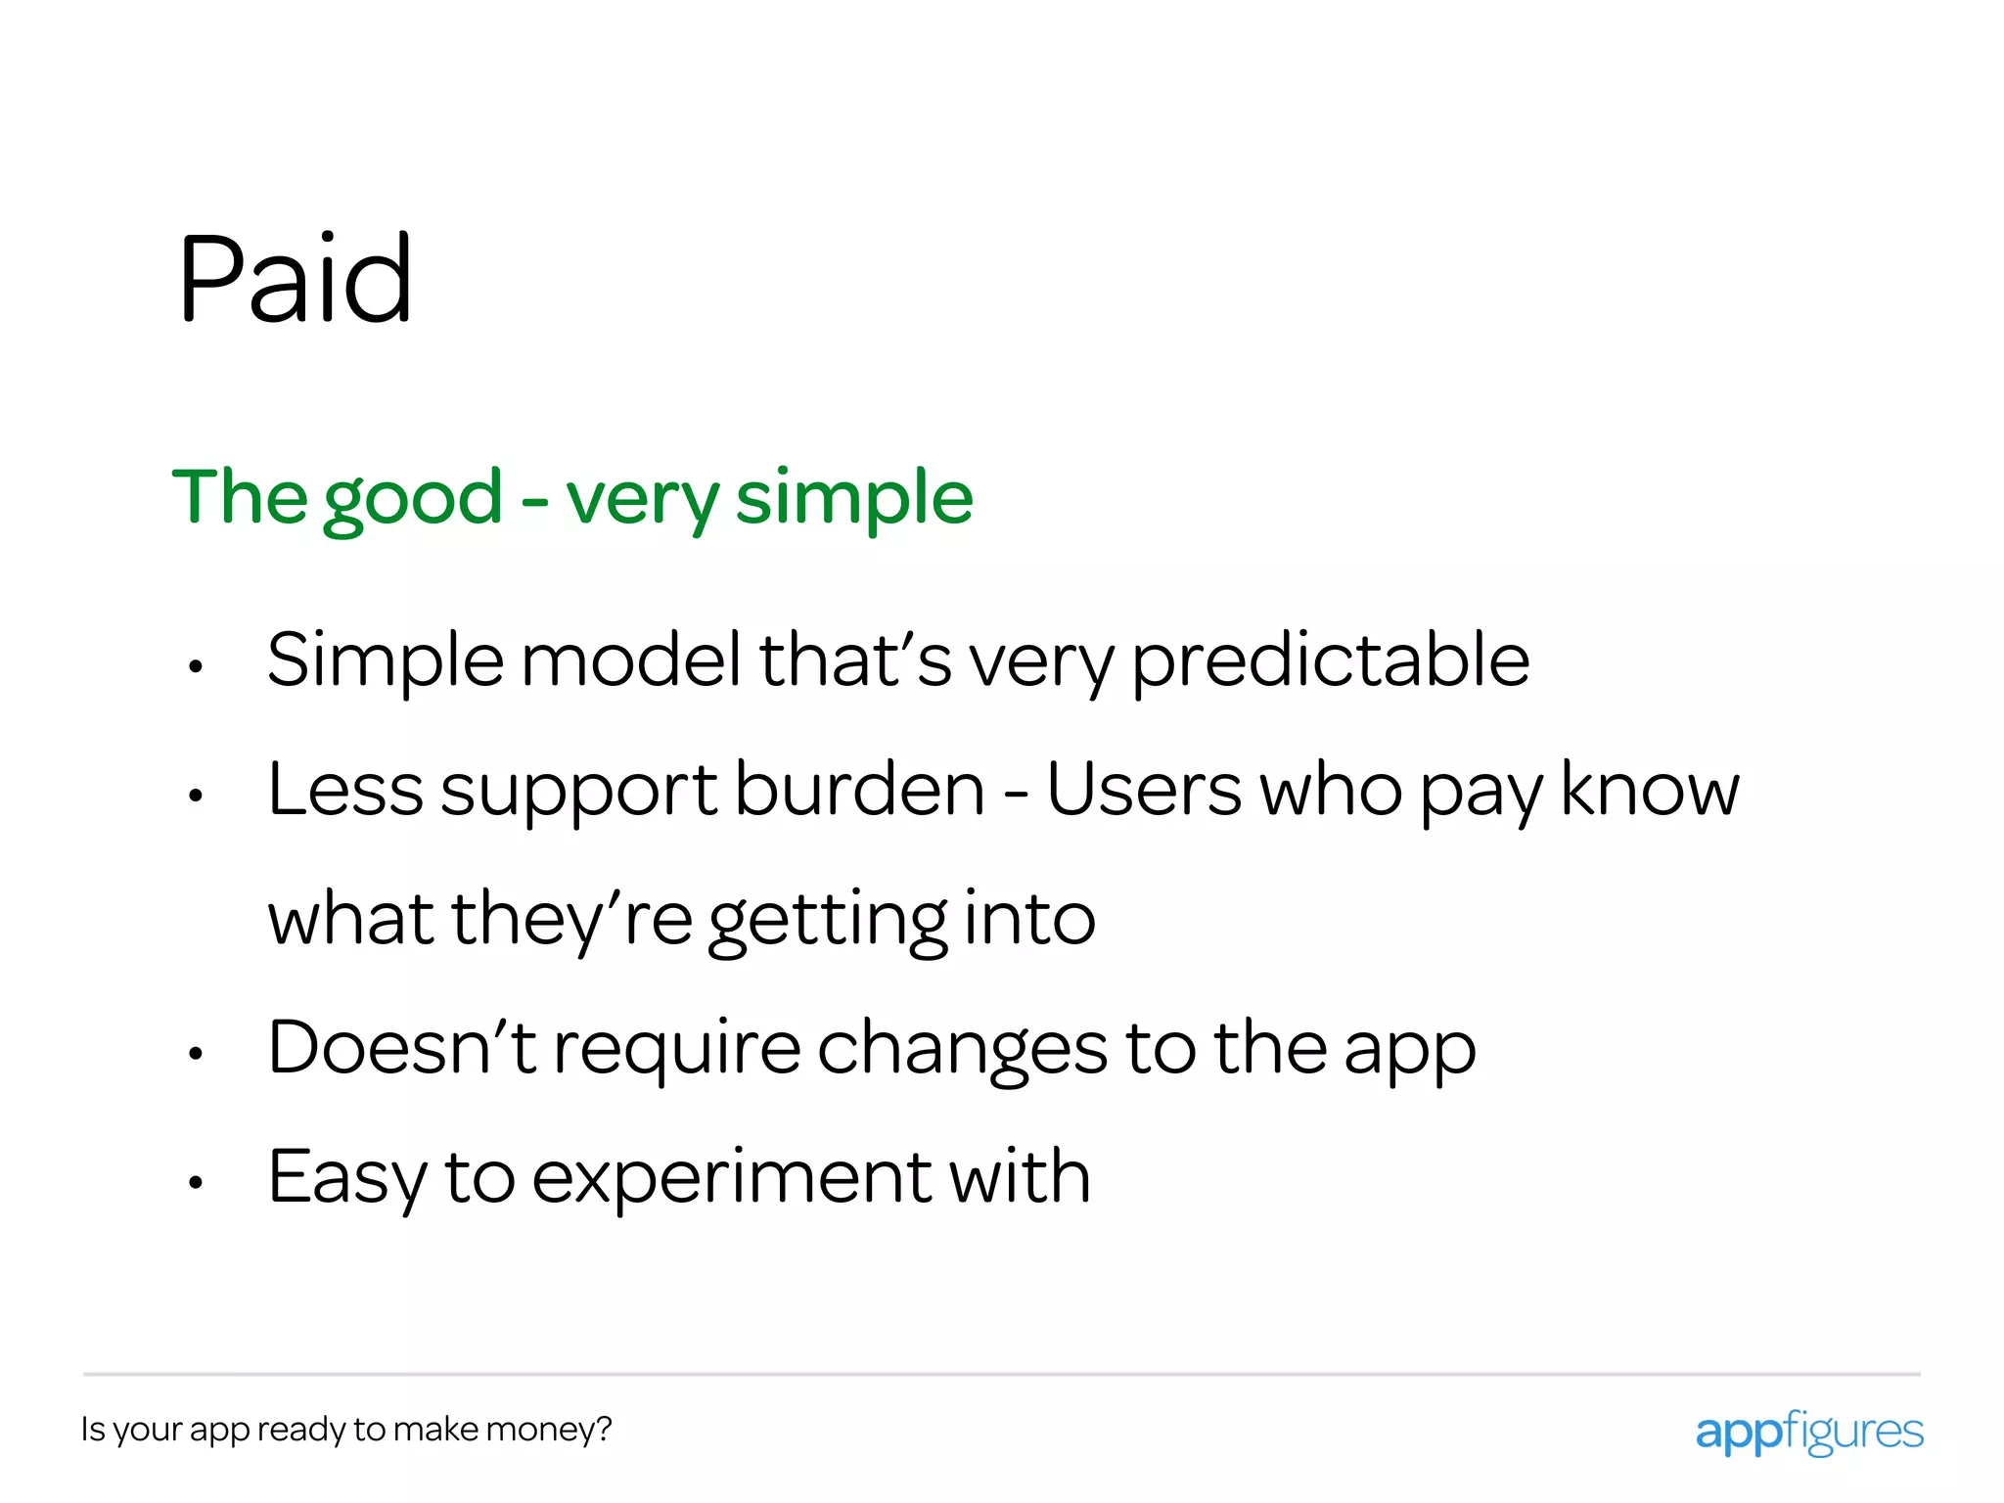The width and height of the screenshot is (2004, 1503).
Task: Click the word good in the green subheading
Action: pos(412,499)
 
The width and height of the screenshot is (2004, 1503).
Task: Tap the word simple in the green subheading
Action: pos(853,499)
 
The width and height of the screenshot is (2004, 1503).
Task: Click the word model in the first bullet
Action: pos(631,660)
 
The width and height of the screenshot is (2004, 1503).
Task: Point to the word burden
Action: pos(859,790)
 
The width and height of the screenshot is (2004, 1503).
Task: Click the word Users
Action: pos(1144,790)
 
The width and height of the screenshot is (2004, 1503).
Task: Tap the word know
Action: pos(1649,790)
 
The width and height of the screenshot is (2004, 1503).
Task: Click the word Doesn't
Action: pos(401,1048)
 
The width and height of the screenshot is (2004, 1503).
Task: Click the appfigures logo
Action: pos(1808,1433)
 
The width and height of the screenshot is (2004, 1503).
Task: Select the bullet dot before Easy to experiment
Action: pos(196,1183)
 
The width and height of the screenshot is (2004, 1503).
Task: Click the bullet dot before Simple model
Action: pos(196,667)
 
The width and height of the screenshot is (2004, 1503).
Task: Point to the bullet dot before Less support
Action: pos(196,797)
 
